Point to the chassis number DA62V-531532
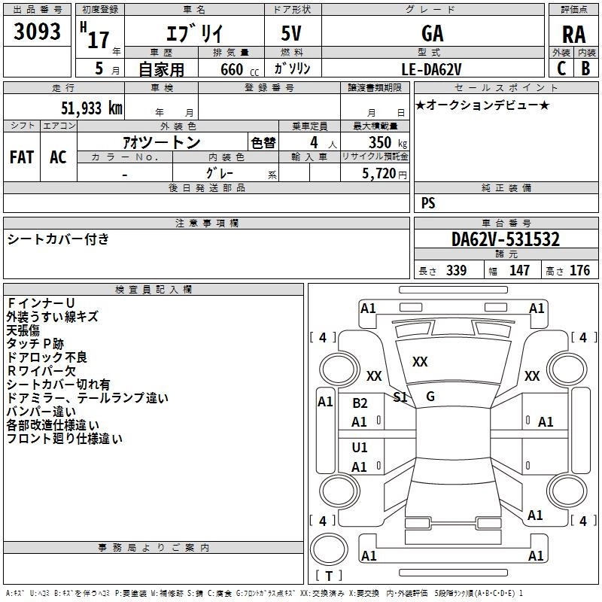click(506, 239)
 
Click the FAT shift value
click(22, 157)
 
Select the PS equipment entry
click(428, 203)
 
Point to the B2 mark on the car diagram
click(360, 403)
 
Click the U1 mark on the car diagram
click(360, 448)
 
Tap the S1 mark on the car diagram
click(401, 397)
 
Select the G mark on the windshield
click(430, 397)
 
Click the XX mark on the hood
click(420, 362)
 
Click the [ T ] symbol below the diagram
click(328, 576)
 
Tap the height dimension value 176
click(580, 270)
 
